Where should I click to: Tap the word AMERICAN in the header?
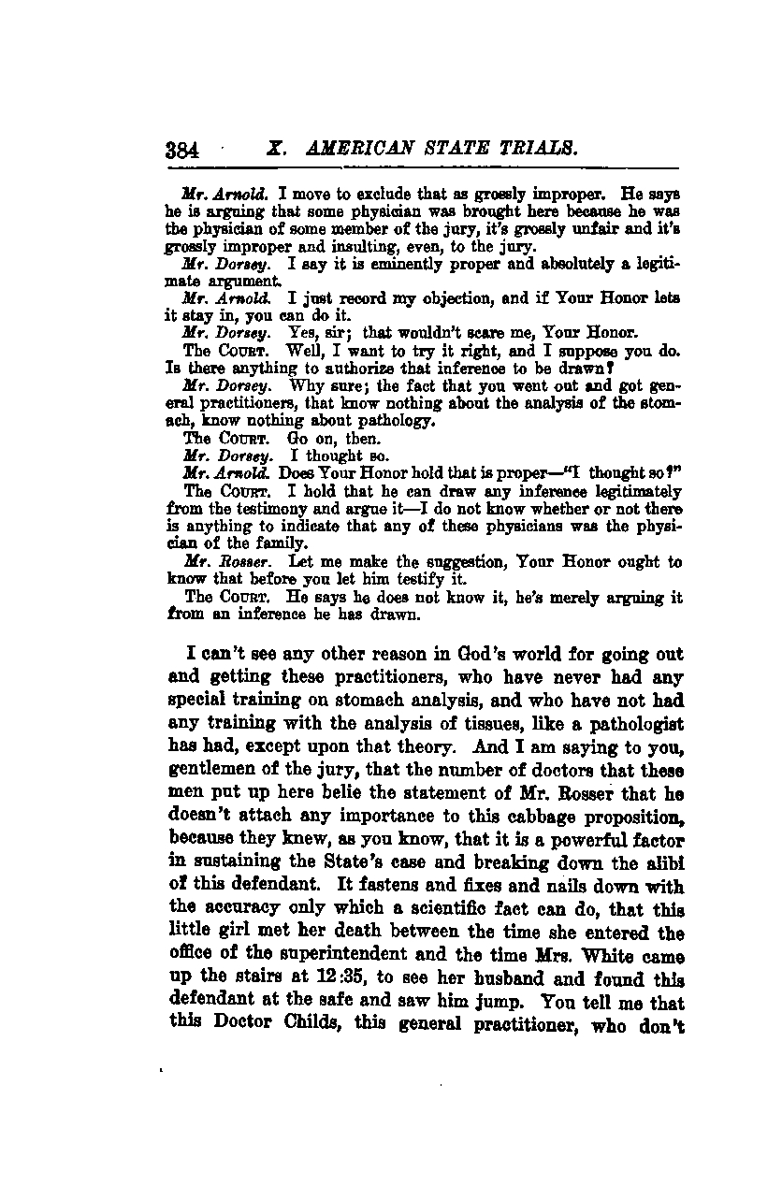(358, 150)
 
